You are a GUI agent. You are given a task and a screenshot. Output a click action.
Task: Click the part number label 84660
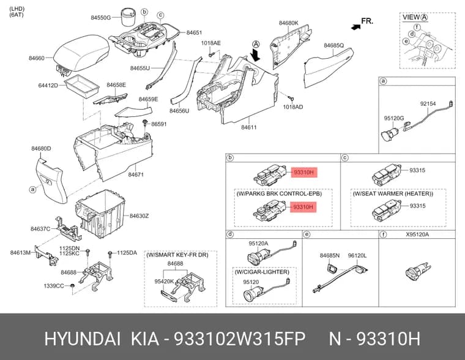37,58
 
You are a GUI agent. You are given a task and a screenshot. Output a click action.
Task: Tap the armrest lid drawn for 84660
81,53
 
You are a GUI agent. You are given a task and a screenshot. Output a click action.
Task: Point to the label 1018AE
211,43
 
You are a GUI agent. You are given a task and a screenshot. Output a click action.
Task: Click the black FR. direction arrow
355,27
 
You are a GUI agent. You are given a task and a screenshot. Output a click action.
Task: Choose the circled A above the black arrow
256,45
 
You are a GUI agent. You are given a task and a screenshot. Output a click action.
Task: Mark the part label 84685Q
333,45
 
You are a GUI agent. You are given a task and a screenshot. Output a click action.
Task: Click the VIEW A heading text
415,18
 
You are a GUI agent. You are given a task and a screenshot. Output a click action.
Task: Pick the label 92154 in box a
428,103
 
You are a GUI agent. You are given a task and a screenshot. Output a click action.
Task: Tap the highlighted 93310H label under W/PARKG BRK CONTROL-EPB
303,206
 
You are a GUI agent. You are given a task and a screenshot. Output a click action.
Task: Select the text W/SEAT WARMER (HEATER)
393,193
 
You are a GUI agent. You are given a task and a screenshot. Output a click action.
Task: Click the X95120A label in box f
417,234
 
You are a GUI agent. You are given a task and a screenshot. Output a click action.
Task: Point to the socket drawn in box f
417,270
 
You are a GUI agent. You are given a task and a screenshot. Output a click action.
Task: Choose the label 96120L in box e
357,255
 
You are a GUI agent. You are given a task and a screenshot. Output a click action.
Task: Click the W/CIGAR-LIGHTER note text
262,272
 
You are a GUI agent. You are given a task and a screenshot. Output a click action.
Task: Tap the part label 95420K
164,281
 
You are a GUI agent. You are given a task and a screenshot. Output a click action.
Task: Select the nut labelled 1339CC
72,285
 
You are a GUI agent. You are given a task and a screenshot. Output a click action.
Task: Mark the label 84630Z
139,216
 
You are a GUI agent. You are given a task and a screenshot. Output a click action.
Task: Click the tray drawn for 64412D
81,86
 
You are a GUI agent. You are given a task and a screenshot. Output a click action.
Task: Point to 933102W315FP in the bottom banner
239,339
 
